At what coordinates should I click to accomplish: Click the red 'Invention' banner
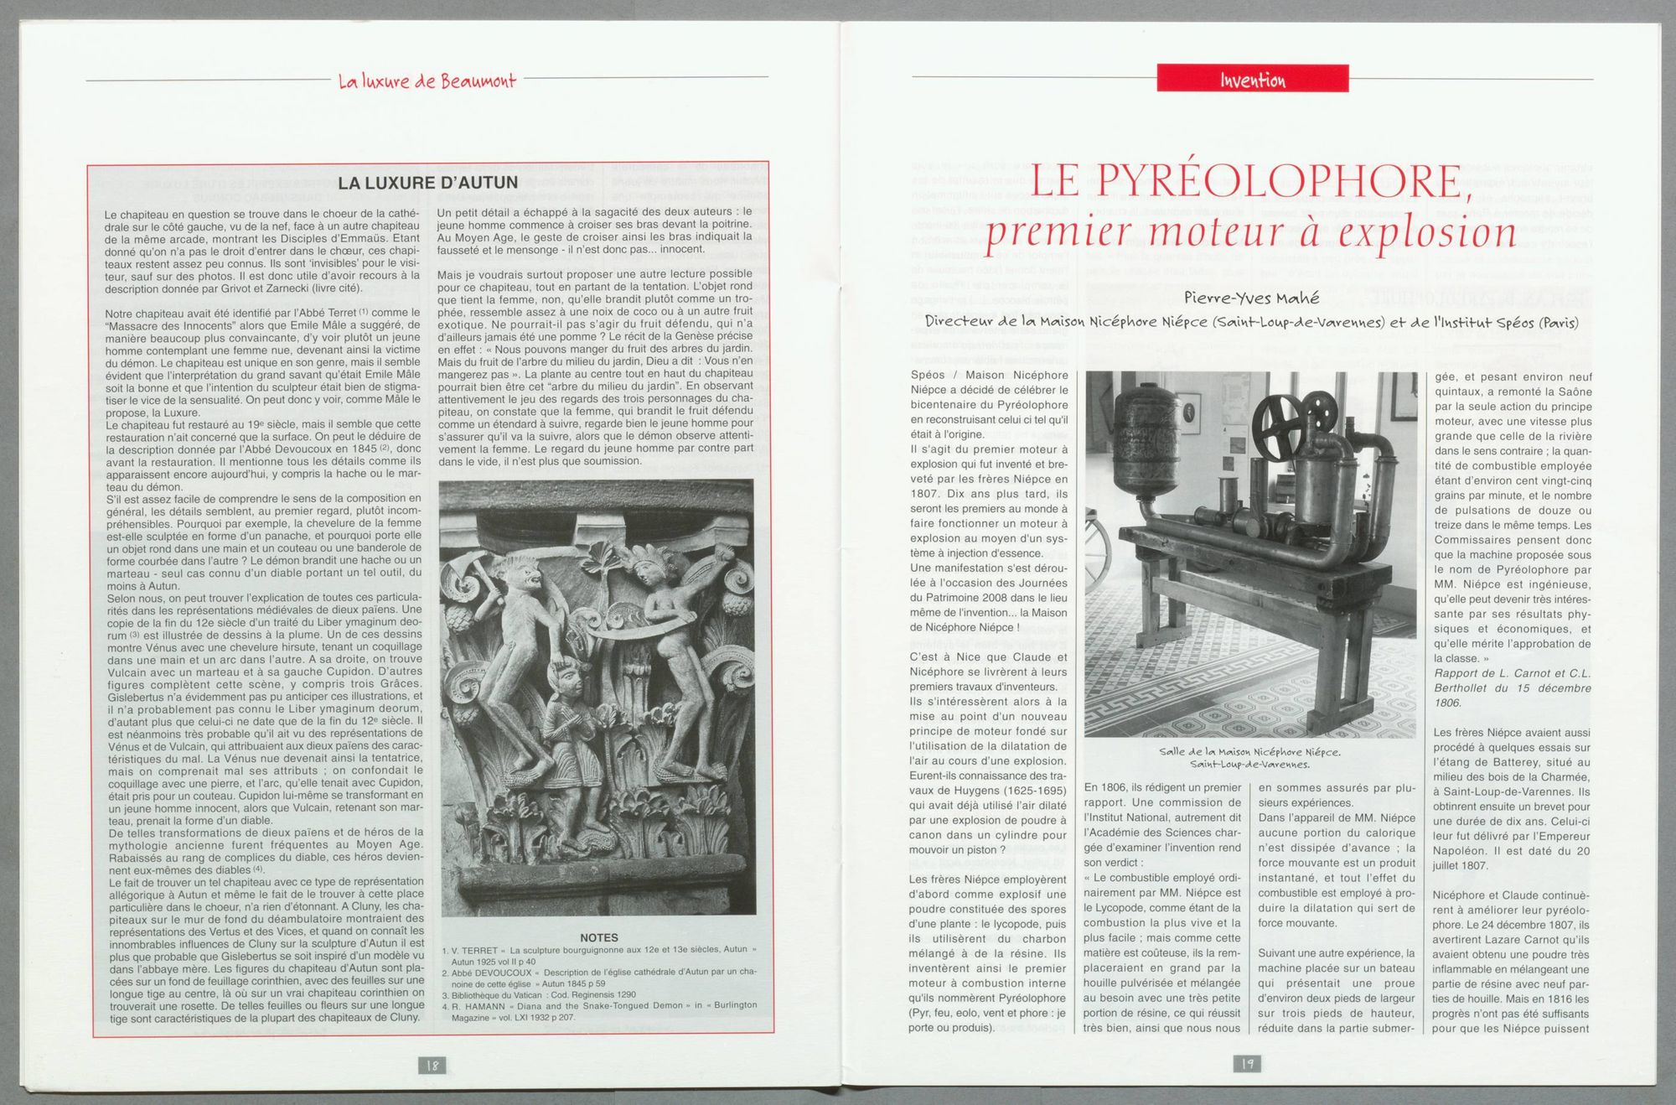1252,79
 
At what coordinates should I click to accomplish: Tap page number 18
432,1065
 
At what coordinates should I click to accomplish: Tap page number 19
1247,1063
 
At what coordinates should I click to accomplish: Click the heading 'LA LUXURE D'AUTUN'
427,183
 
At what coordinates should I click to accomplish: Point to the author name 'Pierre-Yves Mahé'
1251,297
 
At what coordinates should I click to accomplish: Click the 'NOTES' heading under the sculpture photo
598,937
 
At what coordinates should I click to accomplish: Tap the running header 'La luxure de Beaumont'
427,80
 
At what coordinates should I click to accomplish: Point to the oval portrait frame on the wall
1189,412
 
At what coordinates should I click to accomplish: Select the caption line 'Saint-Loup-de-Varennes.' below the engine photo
1249,764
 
